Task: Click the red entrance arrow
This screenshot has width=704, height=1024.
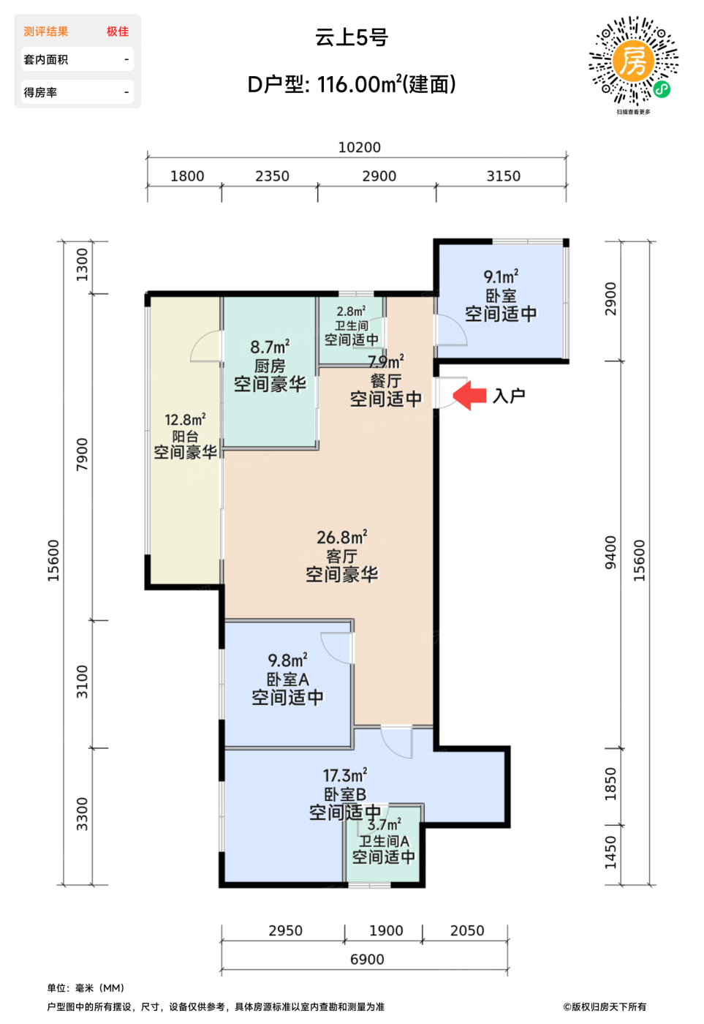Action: [x=469, y=396]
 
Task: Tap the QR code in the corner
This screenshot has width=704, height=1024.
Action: [x=633, y=61]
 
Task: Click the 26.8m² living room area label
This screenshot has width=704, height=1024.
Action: [x=341, y=538]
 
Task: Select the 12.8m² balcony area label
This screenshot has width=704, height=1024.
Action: [x=185, y=420]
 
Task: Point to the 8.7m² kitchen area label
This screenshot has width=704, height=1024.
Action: [x=270, y=347]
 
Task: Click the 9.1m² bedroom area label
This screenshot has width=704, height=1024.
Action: [x=501, y=276]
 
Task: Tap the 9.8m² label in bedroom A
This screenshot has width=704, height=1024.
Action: [x=287, y=660]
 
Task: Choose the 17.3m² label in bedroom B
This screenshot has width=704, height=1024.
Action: [x=345, y=775]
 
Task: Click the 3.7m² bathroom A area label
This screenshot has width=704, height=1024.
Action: [x=384, y=825]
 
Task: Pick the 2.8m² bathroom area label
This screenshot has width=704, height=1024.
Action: [x=351, y=311]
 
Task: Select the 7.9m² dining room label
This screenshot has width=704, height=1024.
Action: [x=386, y=362]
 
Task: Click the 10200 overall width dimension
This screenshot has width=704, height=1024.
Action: [x=359, y=147]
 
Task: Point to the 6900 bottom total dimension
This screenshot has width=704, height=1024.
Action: [x=367, y=959]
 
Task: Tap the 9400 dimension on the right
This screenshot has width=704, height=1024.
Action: [x=610, y=553]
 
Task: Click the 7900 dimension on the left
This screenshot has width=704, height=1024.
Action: [x=82, y=453]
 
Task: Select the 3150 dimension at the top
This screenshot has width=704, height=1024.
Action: [x=503, y=176]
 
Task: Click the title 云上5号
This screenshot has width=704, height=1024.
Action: [x=352, y=37]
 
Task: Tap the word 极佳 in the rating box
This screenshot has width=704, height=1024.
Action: [x=117, y=31]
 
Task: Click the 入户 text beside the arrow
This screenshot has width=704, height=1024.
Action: [x=509, y=396]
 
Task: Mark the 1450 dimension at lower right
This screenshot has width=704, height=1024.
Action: [x=610, y=852]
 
